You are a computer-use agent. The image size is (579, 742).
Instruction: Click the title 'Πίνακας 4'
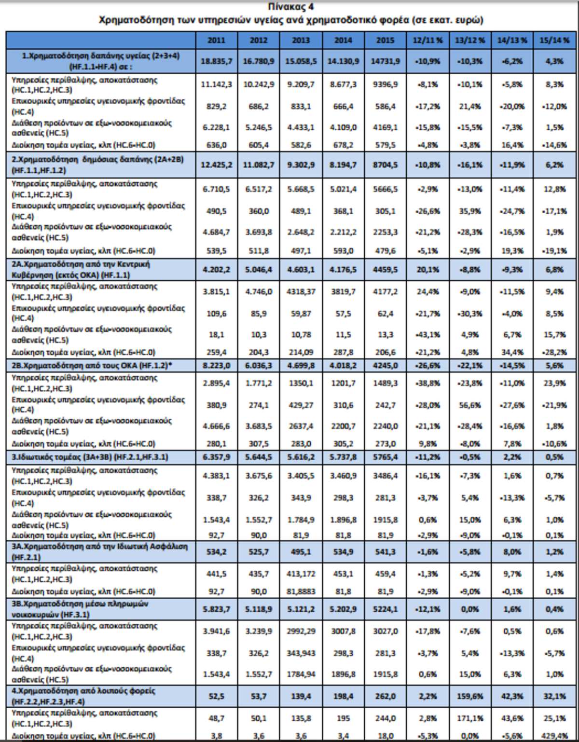pyautogui.click(x=290, y=7)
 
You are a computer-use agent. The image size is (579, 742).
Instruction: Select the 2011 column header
pyautogui.click(x=216, y=41)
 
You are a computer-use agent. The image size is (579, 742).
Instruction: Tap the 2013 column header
pyautogui.click(x=301, y=41)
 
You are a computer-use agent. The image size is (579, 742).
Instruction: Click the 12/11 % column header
pyautogui.click(x=427, y=41)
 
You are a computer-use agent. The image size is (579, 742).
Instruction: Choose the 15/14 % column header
pyautogui.click(x=554, y=41)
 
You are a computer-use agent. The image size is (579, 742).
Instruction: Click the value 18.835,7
pyautogui.click(x=216, y=61)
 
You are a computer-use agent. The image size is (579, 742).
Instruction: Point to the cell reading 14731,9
pyautogui.click(x=386, y=61)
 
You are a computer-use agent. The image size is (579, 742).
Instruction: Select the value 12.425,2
pyautogui.click(x=216, y=165)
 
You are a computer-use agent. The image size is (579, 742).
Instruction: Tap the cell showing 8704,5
pyautogui.click(x=386, y=165)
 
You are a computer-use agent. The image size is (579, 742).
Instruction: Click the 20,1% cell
pyautogui.click(x=427, y=270)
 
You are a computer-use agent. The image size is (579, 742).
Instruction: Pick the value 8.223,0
pyautogui.click(x=216, y=366)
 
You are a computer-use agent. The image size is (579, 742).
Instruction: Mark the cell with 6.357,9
pyautogui.click(x=216, y=457)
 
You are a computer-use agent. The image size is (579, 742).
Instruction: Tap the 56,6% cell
pyautogui.click(x=470, y=405)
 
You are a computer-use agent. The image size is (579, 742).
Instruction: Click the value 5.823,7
pyautogui.click(x=216, y=609)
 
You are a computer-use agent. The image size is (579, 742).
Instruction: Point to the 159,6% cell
pyautogui.click(x=470, y=696)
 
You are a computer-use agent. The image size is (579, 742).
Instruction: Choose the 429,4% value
pyautogui.click(x=554, y=736)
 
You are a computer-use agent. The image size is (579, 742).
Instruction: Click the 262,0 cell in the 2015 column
pyautogui.click(x=386, y=696)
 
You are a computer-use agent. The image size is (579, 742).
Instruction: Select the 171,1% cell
pyautogui.click(x=470, y=718)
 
